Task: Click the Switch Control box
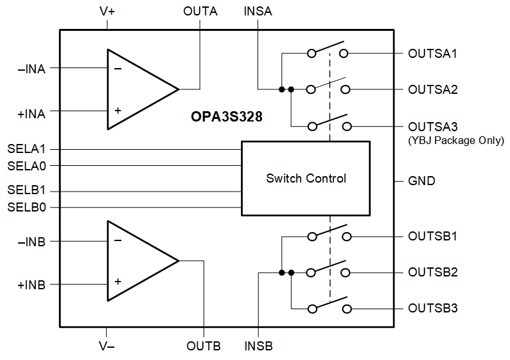coord(306,178)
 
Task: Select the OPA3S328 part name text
coord(226,117)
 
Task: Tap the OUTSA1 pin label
coord(432,53)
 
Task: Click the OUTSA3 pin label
coord(432,127)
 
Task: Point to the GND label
coord(421,181)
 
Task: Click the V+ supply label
coord(107,11)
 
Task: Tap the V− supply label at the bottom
coord(107,346)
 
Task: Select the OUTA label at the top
coord(200,11)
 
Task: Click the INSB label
coord(258,346)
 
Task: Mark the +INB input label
coord(31,284)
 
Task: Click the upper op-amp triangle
coord(138,89)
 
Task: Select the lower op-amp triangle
coord(138,260)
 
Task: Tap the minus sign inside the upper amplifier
coord(118,68)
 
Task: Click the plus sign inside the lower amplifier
coord(118,282)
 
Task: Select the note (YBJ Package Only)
coord(456,140)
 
